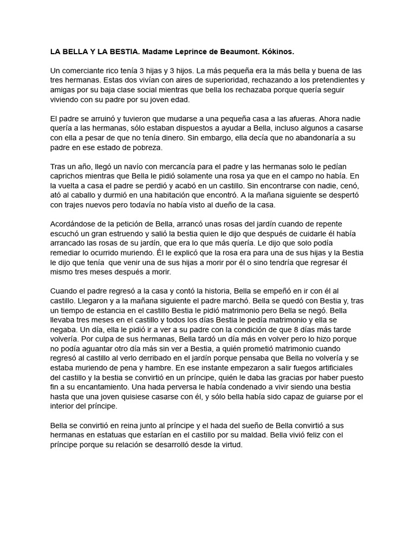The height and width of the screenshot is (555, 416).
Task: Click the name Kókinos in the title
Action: coord(276,51)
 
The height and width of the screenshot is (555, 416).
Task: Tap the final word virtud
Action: coord(234,445)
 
